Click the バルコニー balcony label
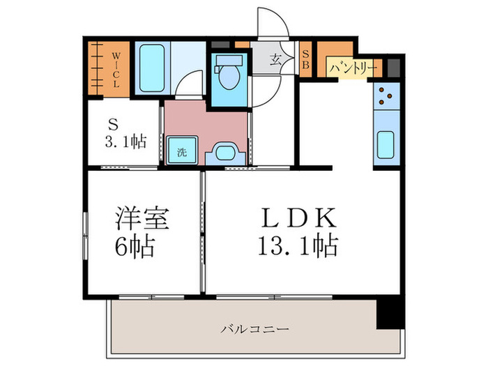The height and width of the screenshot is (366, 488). click(255, 327)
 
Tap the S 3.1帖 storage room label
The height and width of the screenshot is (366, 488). click(126, 133)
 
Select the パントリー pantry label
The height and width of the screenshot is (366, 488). click(354, 68)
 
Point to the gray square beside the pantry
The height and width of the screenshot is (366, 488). click(394, 68)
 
